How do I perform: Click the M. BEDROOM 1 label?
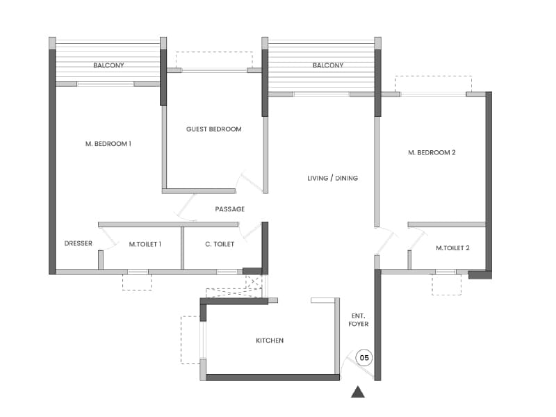point(108,144)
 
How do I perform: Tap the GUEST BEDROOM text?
point(214,129)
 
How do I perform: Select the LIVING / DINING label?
point(332,179)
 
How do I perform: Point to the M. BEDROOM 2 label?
point(432,152)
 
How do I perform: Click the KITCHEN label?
point(270,341)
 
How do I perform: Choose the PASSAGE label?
point(229,209)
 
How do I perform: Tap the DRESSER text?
point(79,244)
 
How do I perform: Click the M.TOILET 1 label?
point(145,244)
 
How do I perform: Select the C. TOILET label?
point(220,244)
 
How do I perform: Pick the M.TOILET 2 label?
point(453,248)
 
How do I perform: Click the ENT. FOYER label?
point(359,320)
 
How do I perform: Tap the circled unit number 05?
point(364,358)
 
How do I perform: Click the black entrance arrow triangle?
point(358,392)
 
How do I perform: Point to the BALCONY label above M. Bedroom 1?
point(108,66)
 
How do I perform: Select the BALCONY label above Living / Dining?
point(328,66)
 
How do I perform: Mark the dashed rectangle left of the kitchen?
point(190,340)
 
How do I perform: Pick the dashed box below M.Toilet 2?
point(446,284)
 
